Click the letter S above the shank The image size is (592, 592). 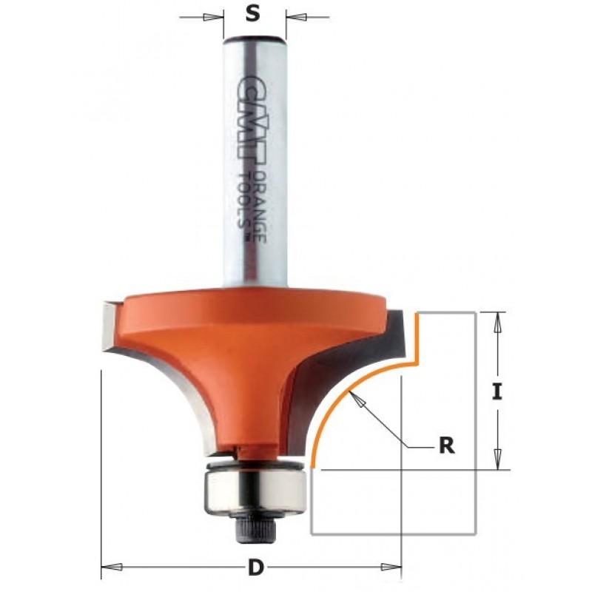pyautogui.click(x=253, y=14)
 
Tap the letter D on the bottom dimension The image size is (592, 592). pyautogui.click(x=255, y=567)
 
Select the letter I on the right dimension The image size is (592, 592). pyautogui.click(x=497, y=391)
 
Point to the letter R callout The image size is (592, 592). pyautogui.click(x=447, y=445)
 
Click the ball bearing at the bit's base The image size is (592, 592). pyautogui.click(x=255, y=488)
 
